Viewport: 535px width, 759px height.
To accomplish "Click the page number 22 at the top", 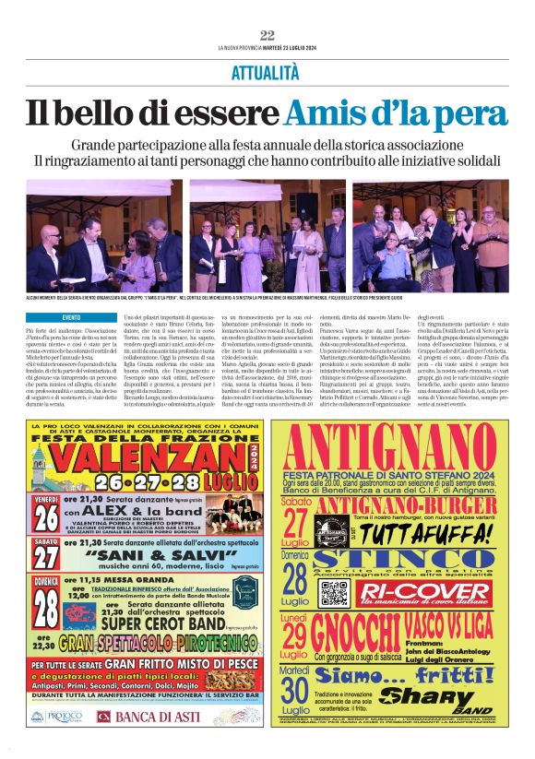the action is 267,35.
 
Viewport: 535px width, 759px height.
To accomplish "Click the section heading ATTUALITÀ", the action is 267,71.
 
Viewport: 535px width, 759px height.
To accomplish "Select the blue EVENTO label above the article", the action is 71,316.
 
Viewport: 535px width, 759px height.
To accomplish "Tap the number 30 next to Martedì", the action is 297,688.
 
